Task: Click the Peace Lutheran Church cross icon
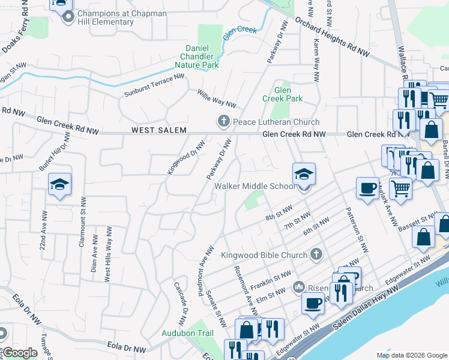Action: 224,122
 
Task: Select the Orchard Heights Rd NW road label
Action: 332,37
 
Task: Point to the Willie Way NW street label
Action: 217,97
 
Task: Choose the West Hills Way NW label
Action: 109,254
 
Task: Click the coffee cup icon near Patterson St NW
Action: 367,188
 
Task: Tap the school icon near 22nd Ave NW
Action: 59,184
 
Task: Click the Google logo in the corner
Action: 20,352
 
